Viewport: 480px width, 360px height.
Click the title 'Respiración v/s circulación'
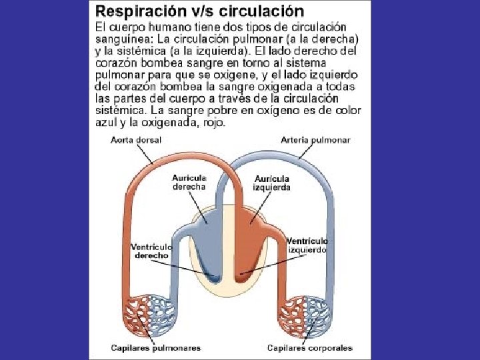tap(199, 11)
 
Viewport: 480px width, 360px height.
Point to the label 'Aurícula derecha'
tap(189, 182)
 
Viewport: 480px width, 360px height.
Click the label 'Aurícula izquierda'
tap(271, 183)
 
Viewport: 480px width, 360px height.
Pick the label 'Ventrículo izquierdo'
tap(307, 245)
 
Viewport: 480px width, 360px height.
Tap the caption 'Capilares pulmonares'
tap(155, 347)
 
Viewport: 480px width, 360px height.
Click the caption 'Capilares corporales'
tap(309, 347)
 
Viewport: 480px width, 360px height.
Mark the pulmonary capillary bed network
tap(151, 313)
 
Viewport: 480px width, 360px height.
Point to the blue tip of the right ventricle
tap(215, 273)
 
